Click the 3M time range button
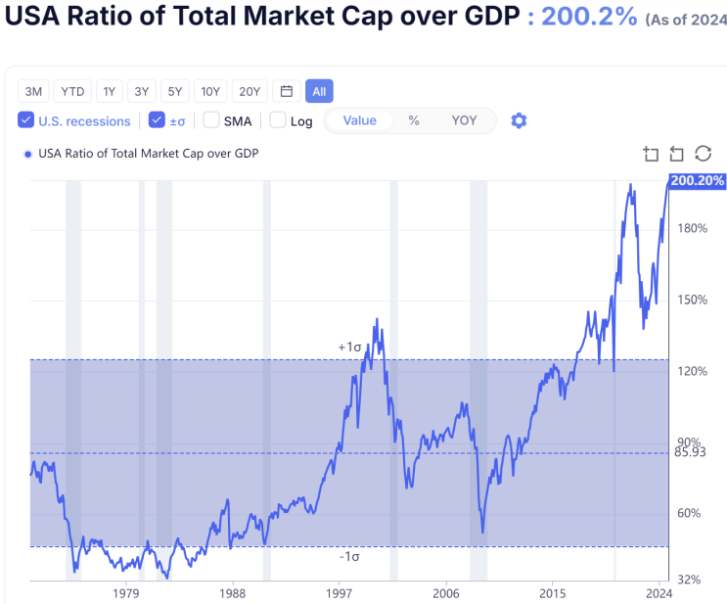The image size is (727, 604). point(33,92)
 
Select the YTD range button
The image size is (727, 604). point(72,92)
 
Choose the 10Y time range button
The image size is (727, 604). point(210,92)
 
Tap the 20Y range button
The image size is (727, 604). point(250,92)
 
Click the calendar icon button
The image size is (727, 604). point(287,92)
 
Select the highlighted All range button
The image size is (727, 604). point(319,92)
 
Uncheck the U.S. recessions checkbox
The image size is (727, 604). point(26,120)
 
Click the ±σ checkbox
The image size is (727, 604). point(157,120)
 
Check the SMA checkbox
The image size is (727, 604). point(211,120)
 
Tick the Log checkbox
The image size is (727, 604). point(278,120)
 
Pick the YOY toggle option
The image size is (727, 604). point(464,120)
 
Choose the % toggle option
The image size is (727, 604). point(414,120)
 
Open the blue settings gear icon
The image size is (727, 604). point(519,120)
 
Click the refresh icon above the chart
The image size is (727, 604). point(703,154)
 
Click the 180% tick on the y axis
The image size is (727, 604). point(692,228)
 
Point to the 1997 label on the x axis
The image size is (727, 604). point(340,592)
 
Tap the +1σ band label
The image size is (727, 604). point(350,348)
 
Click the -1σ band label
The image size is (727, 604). point(350,556)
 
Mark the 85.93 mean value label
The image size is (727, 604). point(690,452)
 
